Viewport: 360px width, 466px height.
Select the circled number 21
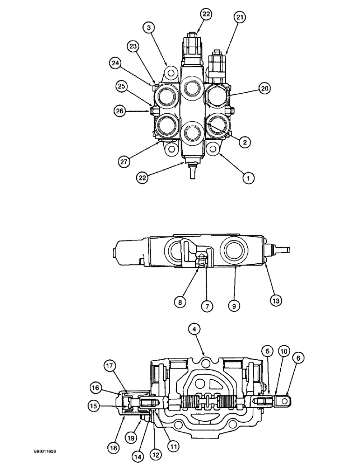(240, 18)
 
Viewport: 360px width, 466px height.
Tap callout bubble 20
(265, 88)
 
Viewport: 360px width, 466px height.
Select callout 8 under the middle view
(180, 302)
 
